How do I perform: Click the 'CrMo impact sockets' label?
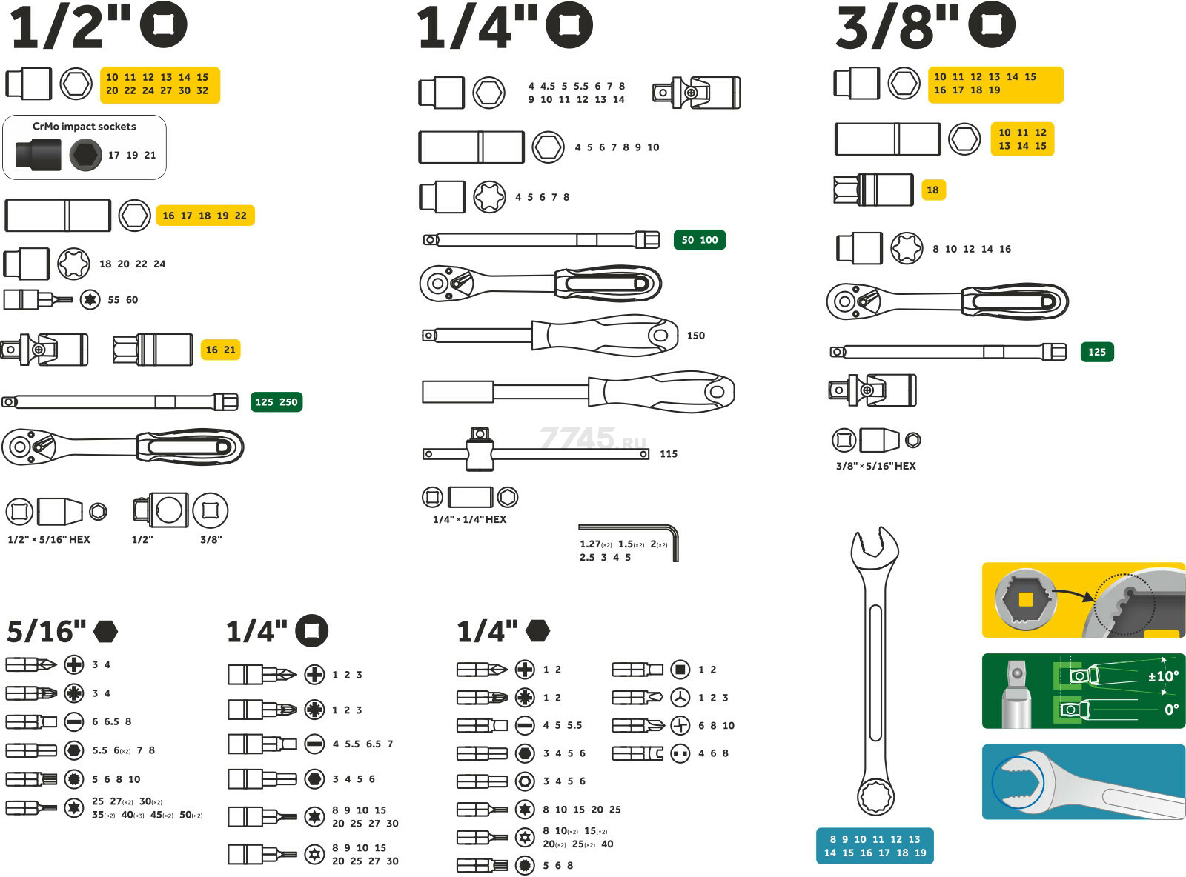[x=84, y=127]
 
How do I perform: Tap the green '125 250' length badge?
[x=276, y=402]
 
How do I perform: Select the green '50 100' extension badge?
[x=699, y=240]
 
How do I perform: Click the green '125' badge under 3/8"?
[x=1096, y=352]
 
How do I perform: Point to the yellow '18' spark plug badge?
[x=932, y=190]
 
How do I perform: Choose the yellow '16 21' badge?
[x=220, y=350]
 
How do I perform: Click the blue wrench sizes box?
[x=875, y=846]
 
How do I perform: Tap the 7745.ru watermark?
[x=593, y=438]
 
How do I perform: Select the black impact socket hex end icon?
[x=85, y=156]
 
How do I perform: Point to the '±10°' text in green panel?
[x=1162, y=676]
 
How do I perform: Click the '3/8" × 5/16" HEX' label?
[x=875, y=466]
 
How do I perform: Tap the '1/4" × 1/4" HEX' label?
[x=469, y=519]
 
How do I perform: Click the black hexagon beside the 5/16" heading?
[x=105, y=631]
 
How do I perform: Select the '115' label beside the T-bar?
[x=668, y=454]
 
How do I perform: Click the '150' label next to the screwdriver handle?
[x=695, y=336]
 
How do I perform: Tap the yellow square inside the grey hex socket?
[x=1026, y=599]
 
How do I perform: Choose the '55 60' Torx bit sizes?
[x=122, y=300]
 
